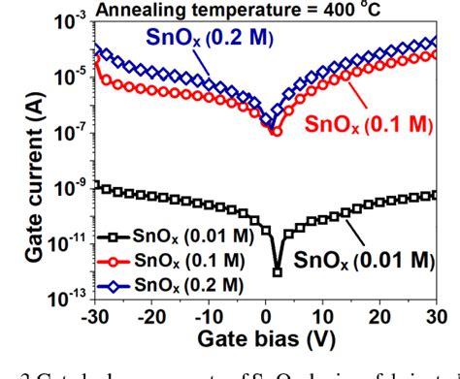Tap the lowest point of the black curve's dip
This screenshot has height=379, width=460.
277,273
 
